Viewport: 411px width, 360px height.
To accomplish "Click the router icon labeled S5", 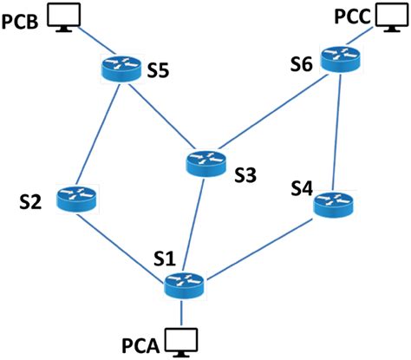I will point(117,67).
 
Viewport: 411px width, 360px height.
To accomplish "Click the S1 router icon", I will point(183,282).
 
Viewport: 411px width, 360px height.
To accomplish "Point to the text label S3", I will point(245,174).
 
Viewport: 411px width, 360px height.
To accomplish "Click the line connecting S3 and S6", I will point(276,110).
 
